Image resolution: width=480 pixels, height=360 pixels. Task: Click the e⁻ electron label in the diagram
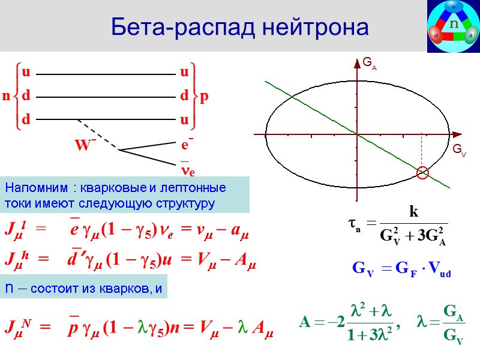click(x=187, y=145)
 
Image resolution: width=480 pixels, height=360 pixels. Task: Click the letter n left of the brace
click(x=6, y=96)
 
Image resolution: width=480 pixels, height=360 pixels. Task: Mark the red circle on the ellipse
click(x=423, y=173)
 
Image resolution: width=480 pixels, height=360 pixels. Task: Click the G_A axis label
click(x=369, y=63)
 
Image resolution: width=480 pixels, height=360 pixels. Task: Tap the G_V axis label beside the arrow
click(x=458, y=149)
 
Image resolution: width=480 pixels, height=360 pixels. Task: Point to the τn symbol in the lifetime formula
click(x=353, y=223)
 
